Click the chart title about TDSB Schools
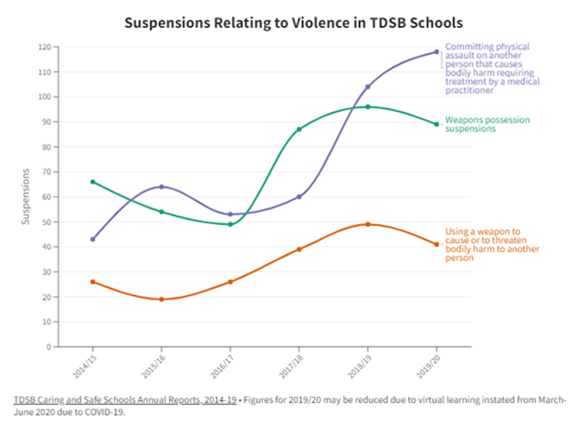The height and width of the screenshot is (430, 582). [x=294, y=23]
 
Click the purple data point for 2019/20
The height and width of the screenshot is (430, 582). [x=436, y=52]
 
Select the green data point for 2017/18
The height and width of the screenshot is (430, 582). [x=299, y=129]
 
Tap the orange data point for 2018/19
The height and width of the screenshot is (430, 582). [x=368, y=224]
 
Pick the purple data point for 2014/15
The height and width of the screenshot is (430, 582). [x=93, y=239]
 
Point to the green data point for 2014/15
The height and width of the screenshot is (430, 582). [x=93, y=182]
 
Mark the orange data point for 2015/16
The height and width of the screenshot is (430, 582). [x=162, y=299]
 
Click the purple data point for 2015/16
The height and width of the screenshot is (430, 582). [x=162, y=187]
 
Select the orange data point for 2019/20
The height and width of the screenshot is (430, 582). [x=436, y=244]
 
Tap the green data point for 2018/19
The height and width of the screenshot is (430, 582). [x=368, y=106]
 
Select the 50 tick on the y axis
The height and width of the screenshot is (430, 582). [x=46, y=222]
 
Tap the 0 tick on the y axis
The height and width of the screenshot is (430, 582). [x=49, y=347]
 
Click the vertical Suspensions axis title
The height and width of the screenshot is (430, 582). [x=26, y=197]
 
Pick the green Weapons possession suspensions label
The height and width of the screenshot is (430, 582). [x=487, y=124]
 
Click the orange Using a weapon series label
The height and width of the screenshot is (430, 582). [x=492, y=244]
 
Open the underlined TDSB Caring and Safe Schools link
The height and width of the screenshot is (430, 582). [x=125, y=400]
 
